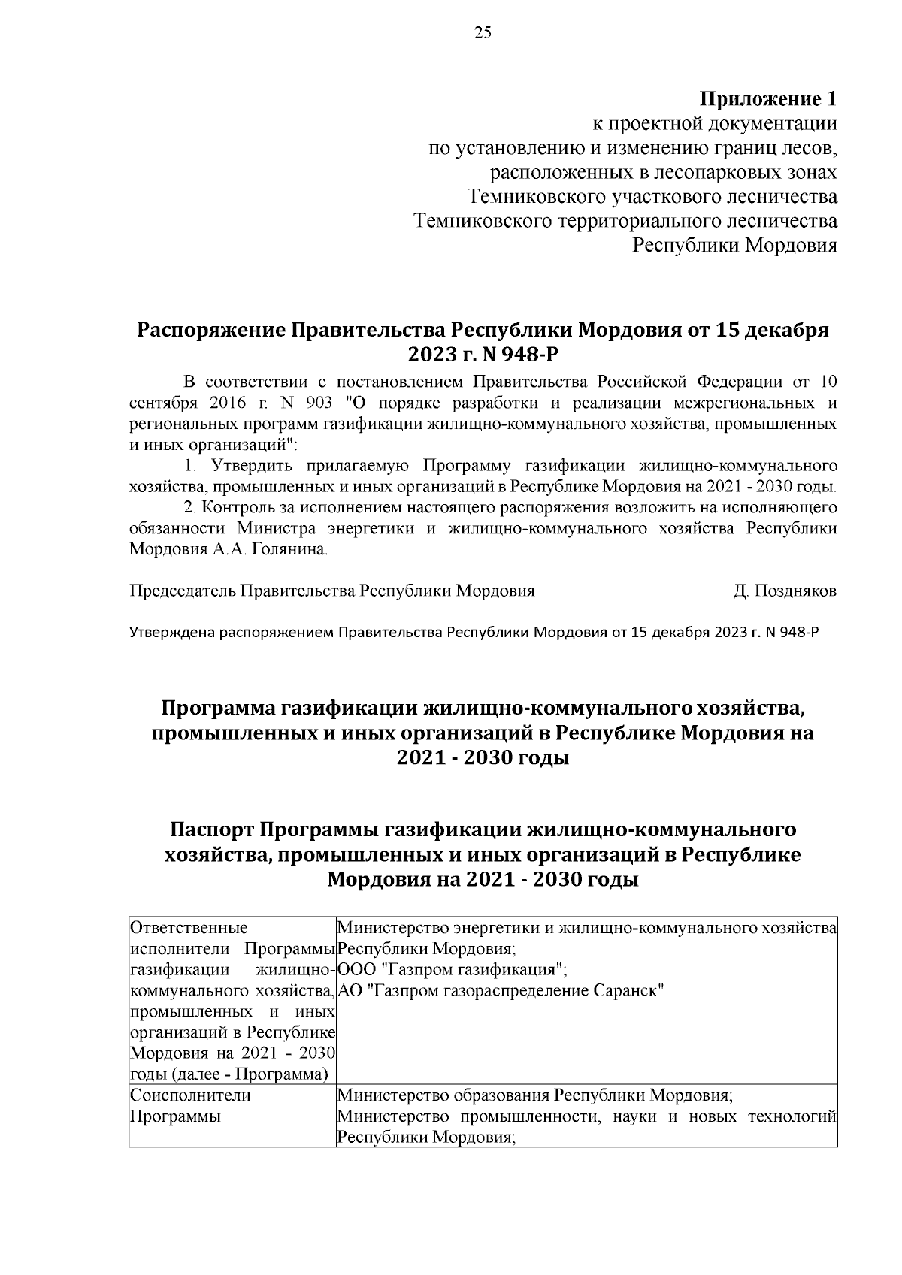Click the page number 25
tap(482, 32)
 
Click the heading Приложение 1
tap(768, 99)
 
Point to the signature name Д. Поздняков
tap(785, 591)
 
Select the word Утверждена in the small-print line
tap(173, 633)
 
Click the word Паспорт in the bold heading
tap(211, 830)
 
